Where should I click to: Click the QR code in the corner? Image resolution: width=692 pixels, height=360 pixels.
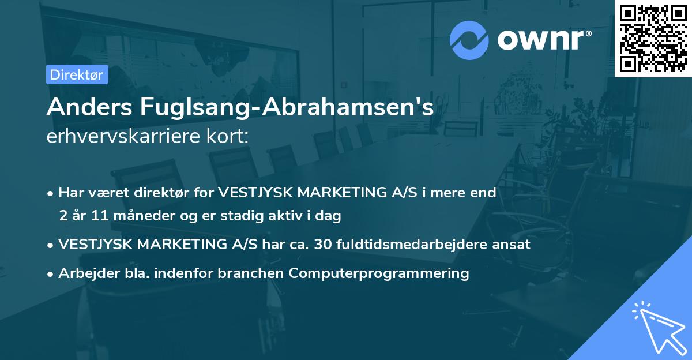(653, 38)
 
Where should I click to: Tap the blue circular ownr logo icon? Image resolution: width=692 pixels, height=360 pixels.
(469, 39)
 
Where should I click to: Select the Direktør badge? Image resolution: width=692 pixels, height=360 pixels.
(77, 74)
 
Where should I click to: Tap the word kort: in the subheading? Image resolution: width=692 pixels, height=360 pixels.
(232, 137)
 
